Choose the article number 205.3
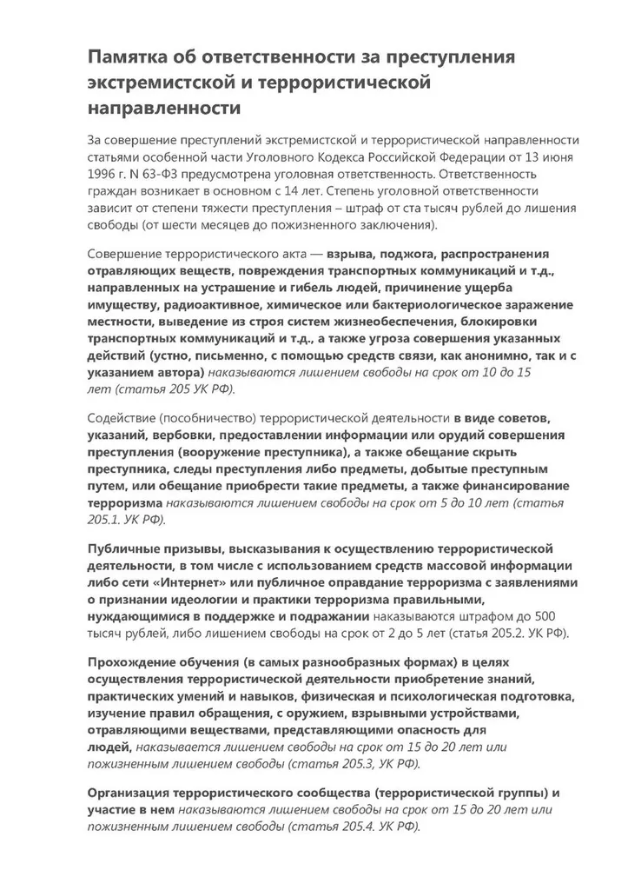341,763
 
